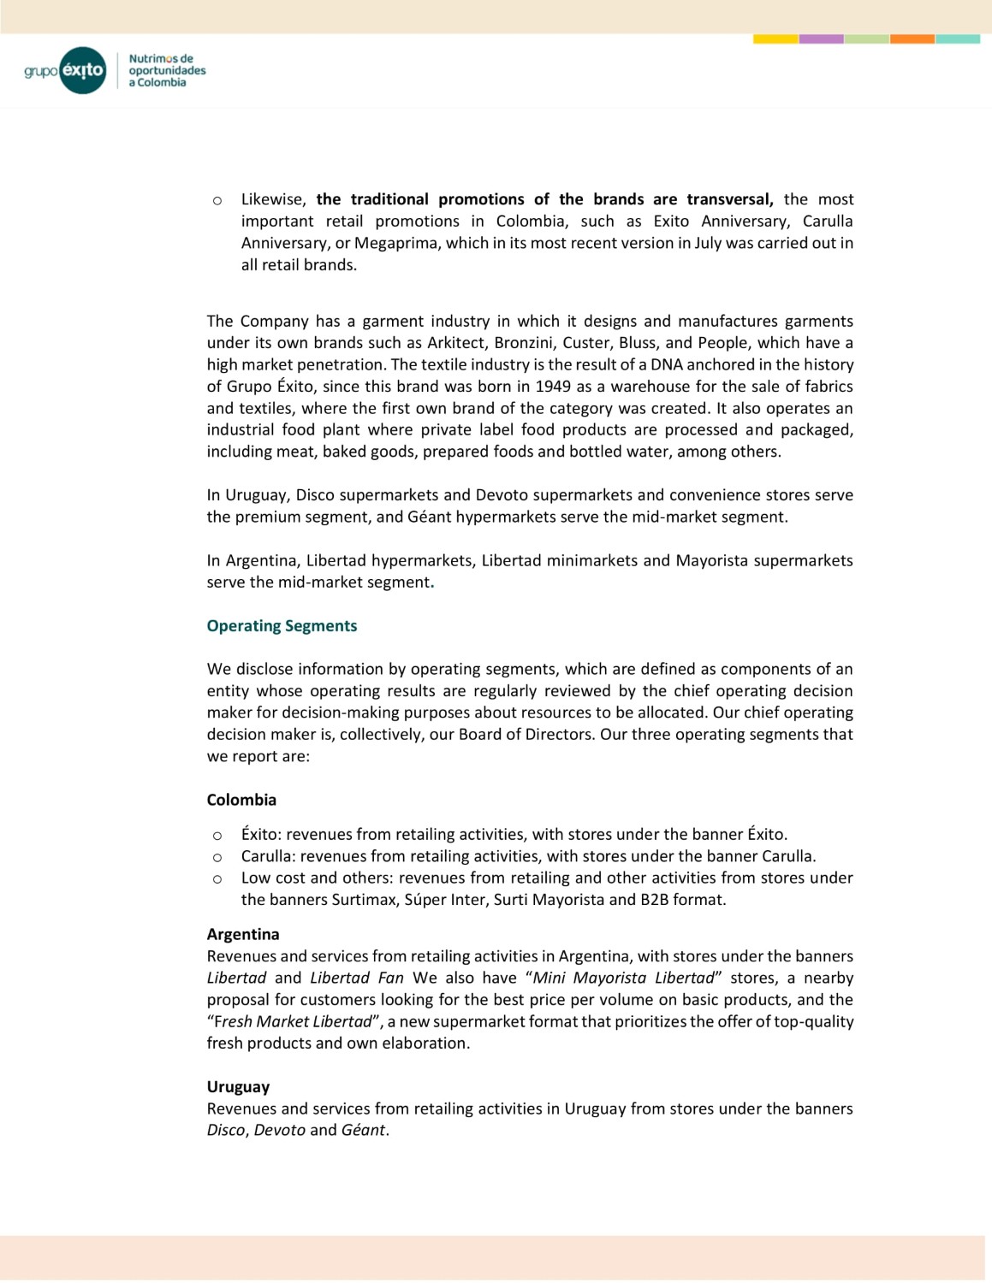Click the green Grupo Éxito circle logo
coord(83,70)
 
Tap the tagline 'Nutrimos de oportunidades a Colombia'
coord(167,71)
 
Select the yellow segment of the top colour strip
coord(775,38)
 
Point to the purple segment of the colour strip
coord(821,38)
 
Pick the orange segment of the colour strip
coord(912,38)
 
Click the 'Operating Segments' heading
coord(282,626)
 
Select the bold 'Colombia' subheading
coord(241,800)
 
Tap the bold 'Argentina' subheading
coord(243,934)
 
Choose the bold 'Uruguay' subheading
coord(238,1087)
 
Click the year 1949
coord(552,387)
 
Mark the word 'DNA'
coord(666,364)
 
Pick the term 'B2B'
coord(655,900)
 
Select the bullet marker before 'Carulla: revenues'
coord(217,857)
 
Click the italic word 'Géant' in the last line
coord(363,1130)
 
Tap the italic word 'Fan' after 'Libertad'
coord(390,978)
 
